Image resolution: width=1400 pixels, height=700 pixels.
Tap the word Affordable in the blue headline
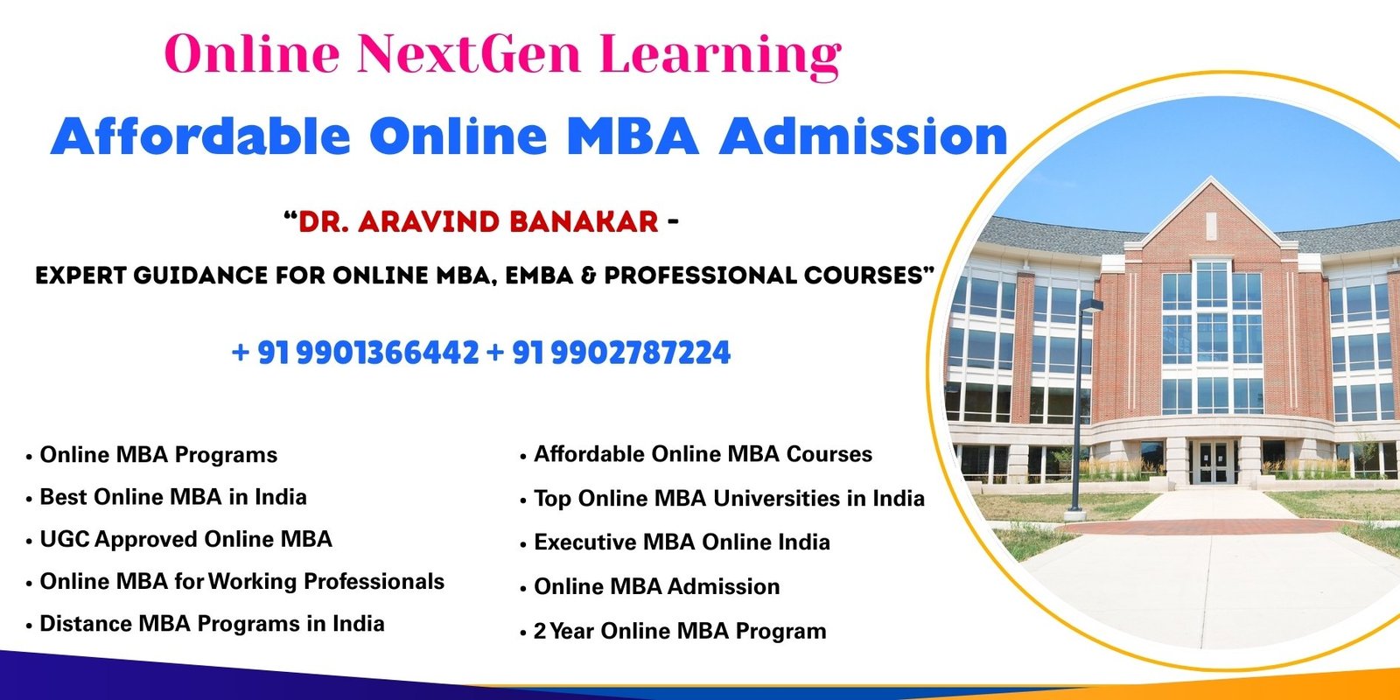point(200,136)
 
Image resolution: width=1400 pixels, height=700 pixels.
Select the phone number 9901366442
point(388,353)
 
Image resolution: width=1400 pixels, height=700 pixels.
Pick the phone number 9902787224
point(641,353)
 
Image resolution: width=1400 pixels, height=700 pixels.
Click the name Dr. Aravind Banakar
point(478,222)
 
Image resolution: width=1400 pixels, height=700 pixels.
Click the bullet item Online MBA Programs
point(158,455)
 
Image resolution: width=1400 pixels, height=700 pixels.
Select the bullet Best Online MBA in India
point(173,497)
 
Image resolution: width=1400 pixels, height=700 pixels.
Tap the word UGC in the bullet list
point(65,539)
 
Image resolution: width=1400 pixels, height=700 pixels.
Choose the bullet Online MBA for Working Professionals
point(241,582)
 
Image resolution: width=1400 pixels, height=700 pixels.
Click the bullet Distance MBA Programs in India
point(212,624)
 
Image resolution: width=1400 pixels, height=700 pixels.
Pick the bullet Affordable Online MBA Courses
point(703,454)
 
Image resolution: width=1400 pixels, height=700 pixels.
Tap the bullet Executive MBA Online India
point(682,542)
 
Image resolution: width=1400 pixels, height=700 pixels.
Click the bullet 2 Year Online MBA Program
point(680,631)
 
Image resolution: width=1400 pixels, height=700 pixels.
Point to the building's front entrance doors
point(1213,463)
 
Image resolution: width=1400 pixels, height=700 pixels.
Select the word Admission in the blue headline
point(863,136)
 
